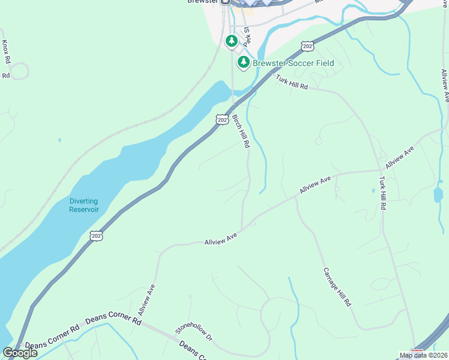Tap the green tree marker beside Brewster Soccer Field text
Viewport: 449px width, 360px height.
[243, 62]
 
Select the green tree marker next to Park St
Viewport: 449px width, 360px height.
[232, 41]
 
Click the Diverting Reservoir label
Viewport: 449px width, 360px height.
[83, 205]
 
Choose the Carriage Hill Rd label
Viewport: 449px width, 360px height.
[337, 287]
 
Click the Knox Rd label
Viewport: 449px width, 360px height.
[6, 52]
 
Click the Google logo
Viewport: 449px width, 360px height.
[20, 353]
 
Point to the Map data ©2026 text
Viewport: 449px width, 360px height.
[423, 355]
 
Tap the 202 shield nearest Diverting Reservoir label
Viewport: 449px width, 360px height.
[96, 236]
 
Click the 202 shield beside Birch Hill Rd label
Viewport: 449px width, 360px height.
[221, 120]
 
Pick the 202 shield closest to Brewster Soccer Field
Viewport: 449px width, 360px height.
[307, 46]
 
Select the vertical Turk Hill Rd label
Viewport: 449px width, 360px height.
[382, 193]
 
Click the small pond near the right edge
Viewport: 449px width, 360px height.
[438, 194]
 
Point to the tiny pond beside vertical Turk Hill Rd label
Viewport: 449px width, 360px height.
[373, 190]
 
